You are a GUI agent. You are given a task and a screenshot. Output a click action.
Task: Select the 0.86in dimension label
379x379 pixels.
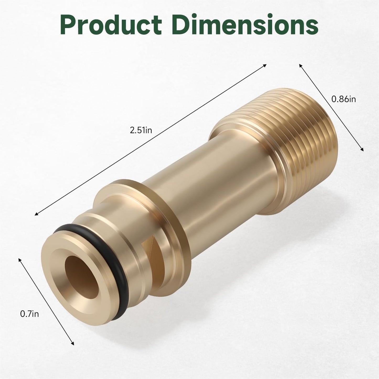tap(344, 99)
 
